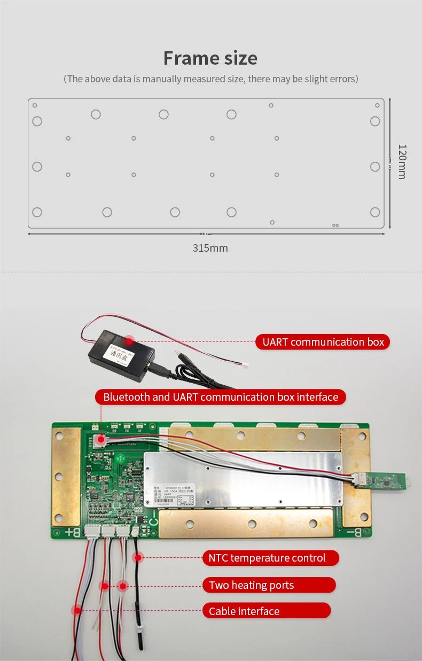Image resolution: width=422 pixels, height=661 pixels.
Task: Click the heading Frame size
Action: point(210,58)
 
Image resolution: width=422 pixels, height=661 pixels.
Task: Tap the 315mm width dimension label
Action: point(210,248)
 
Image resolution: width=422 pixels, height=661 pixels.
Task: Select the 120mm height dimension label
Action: point(402,161)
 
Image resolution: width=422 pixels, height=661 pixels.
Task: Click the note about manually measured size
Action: point(210,79)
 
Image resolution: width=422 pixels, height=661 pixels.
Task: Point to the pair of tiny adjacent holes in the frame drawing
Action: point(335,225)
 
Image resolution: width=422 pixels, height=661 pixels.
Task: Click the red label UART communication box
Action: point(323,342)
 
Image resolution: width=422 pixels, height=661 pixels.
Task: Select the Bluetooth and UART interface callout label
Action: point(221,397)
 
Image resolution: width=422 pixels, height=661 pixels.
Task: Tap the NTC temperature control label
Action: point(270,558)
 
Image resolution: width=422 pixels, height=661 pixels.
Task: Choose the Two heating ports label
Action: point(269,585)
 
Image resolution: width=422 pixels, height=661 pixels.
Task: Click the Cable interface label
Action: point(266,611)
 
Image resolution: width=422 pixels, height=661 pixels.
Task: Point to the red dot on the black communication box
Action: point(129,340)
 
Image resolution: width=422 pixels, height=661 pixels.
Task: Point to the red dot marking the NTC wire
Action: point(138,558)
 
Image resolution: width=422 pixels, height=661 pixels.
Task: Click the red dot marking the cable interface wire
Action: point(77,610)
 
